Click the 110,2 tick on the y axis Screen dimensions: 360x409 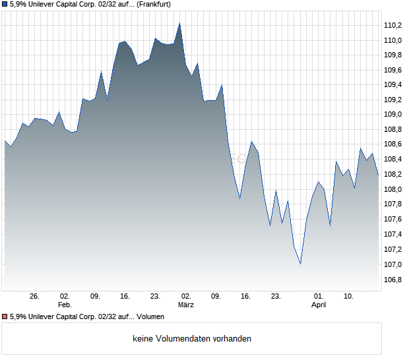(393, 25)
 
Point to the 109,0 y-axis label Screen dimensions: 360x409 (393, 115)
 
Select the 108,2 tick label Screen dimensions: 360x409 (393, 175)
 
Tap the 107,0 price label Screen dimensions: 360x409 (393, 264)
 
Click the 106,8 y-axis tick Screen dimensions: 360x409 (393, 280)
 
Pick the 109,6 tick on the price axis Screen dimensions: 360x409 (393, 70)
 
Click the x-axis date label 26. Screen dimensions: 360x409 (35, 296)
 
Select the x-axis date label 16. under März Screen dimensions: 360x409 (246, 296)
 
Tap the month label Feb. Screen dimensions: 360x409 (65, 305)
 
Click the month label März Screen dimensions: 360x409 (186, 305)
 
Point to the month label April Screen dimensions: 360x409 (319, 305)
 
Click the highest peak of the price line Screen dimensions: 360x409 (179, 23)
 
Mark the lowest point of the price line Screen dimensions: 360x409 (300, 264)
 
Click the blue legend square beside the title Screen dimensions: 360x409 (5, 5)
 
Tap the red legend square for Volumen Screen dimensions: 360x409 (5, 316)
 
